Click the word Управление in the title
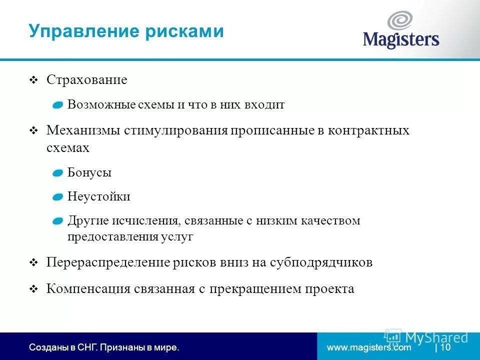tap(83, 31)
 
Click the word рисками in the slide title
tap(184, 31)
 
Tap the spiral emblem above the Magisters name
tap(400, 21)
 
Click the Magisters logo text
tap(400, 39)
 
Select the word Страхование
tap(87, 80)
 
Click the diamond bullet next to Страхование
tap(33, 80)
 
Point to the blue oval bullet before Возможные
tap(58, 105)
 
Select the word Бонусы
tap(89, 173)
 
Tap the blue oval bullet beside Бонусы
tap(58, 173)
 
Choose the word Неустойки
tap(99, 196)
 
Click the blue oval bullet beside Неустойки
tap(58, 196)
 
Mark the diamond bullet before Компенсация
tap(33, 289)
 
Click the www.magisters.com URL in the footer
tap(369, 347)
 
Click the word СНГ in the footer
tap(86, 347)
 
